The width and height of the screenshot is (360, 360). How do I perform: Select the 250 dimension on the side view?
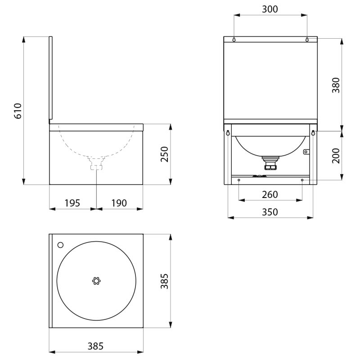pyautogui.click(x=164, y=154)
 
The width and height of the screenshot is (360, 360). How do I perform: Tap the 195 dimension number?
pyautogui.click(x=72, y=203)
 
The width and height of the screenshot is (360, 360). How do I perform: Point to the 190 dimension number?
pyautogui.click(x=119, y=203)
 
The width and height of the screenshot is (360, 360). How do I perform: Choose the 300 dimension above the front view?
pyautogui.click(x=270, y=9)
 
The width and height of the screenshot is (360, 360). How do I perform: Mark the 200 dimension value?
pyautogui.click(x=336, y=155)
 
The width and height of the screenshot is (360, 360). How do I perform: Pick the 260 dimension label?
pyautogui.click(x=270, y=194)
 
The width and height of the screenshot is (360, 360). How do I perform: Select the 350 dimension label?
pyautogui.click(x=270, y=212)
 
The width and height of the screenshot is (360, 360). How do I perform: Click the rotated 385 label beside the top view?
pyautogui.click(x=164, y=281)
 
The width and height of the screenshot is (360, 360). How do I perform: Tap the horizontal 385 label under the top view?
pyautogui.click(x=95, y=346)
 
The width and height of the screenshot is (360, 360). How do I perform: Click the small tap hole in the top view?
pyautogui.click(x=61, y=245)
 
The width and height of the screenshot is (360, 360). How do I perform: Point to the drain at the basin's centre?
pyautogui.click(x=96, y=281)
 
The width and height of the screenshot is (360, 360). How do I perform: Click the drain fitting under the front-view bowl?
pyautogui.click(x=270, y=163)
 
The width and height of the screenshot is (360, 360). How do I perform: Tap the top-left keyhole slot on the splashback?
pyautogui.click(x=234, y=40)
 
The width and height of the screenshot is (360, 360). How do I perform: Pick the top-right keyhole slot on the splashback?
pyautogui.click(x=307, y=40)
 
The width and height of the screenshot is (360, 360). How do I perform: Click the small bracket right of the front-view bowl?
pyautogui.click(x=306, y=152)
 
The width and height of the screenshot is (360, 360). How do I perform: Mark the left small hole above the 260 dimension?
pyautogui.click(x=238, y=180)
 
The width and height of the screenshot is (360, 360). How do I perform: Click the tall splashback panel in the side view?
pyautogui.click(x=51, y=79)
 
